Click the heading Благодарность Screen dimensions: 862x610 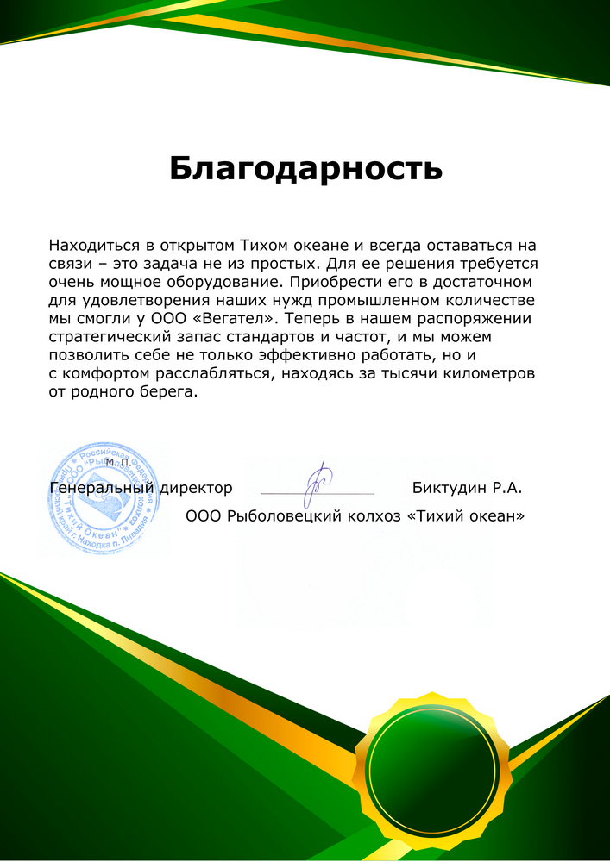[305, 168]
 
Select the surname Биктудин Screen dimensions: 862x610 [450, 488]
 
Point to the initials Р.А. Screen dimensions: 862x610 [507, 488]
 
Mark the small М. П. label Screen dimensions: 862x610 [118, 464]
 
